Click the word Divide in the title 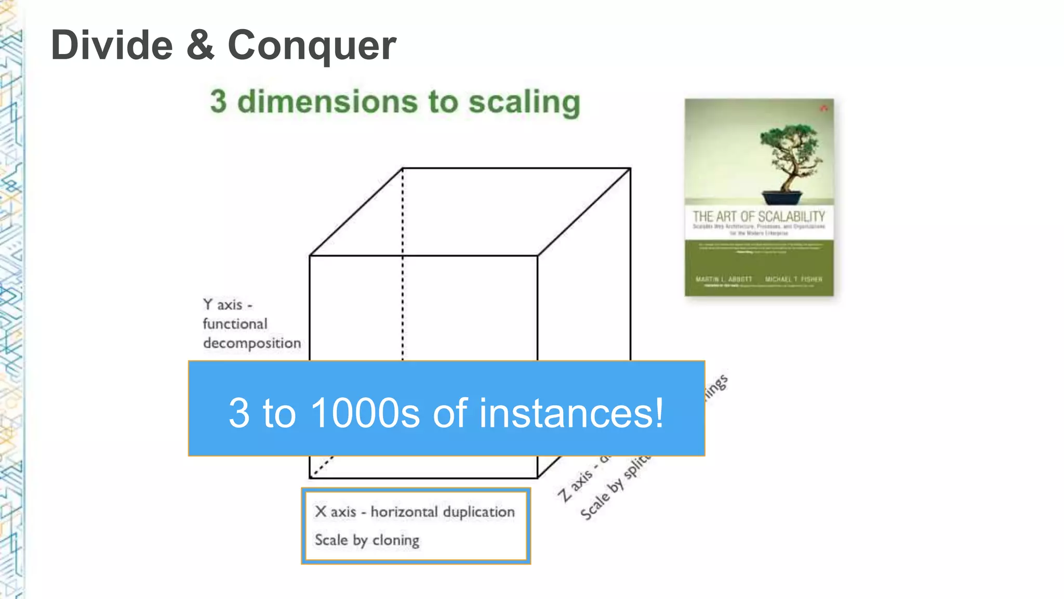[112, 46]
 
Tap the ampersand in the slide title [200, 46]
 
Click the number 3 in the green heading [219, 101]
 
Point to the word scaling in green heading [524, 102]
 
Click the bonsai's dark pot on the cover [782, 198]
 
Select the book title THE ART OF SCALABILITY [759, 216]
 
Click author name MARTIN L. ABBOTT [724, 279]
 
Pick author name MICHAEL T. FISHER [793, 279]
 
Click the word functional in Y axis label [235, 324]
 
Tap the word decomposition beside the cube [252, 343]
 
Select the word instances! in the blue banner [571, 413]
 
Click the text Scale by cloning [367, 540]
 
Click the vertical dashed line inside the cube [403, 260]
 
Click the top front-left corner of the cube [310, 255]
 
